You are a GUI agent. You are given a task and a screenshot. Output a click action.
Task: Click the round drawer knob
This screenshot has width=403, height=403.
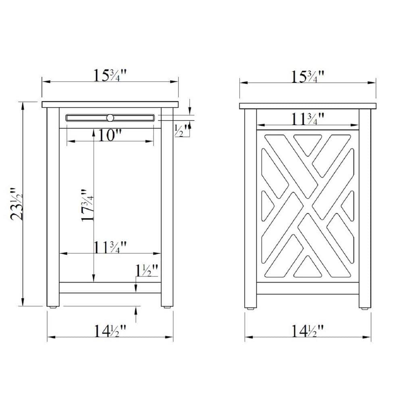[x=110, y=118]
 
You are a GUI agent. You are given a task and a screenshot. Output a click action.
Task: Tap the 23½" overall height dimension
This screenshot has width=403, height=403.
[x=17, y=204]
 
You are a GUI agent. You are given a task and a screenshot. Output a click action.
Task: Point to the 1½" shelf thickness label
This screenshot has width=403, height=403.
[x=147, y=270]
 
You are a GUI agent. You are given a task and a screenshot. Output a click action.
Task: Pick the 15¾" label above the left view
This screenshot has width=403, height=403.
[x=110, y=75]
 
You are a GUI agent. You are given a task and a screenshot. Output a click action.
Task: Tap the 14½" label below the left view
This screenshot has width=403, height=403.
[x=110, y=331]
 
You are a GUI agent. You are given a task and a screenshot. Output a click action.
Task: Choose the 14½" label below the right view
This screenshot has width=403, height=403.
[x=307, y=331]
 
